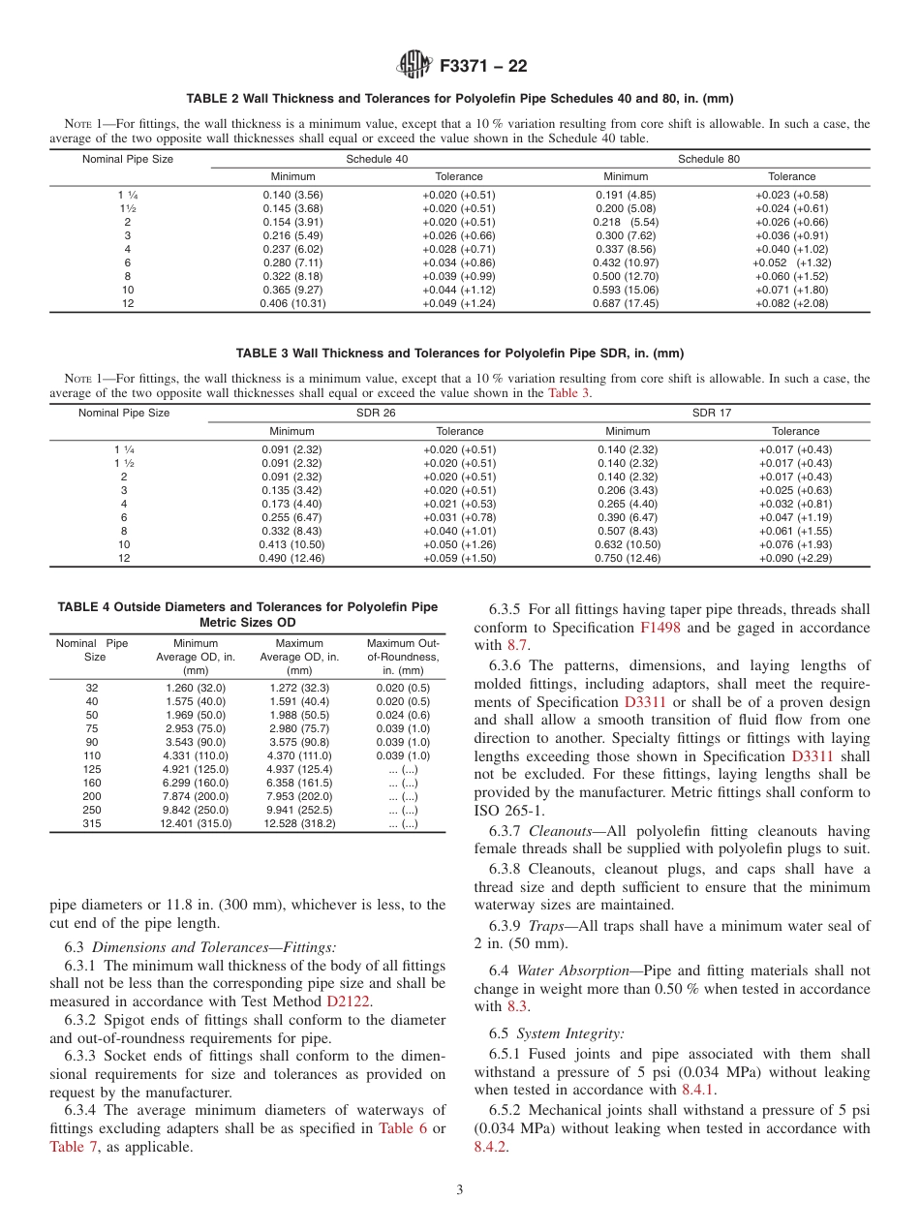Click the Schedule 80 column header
(x=708, y=159)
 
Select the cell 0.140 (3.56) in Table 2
(x=292, y=195)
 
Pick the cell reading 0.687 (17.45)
(x=626, y=303)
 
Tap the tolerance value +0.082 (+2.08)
(x=791, y=303)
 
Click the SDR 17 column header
(x=711, y=413)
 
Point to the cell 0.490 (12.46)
(x=292, y=558)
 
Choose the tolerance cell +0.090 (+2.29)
(x=795, y=558)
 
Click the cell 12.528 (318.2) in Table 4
(x=299, y=823)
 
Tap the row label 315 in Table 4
(x=92, y=823)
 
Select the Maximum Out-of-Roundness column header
(x=403, y=657)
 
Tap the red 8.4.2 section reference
(x=491, y=1147)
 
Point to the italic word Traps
(x=547, y=926)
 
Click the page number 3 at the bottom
(x=460, y=1190)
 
